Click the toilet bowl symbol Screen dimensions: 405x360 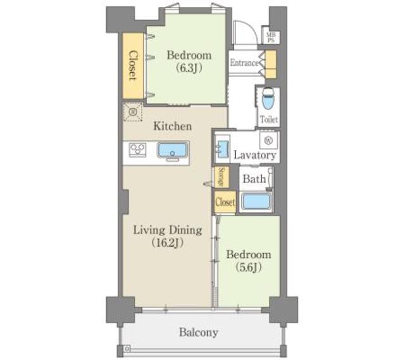268,99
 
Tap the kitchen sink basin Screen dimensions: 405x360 173,150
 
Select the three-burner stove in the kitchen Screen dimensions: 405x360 137,150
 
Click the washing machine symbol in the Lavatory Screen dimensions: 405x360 269,140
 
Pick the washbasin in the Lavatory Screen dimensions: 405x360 222,149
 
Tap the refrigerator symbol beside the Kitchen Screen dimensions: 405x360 132,111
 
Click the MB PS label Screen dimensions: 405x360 271,37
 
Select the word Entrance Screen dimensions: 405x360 244,63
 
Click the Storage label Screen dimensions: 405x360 221,177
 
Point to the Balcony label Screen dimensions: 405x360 198,332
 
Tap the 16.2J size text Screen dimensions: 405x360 167,243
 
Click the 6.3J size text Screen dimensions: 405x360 189,68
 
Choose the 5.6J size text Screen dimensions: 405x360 249,267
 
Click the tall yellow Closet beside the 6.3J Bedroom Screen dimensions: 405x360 133,66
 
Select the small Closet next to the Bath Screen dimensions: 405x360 225,202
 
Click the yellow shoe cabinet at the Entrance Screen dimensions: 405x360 271,65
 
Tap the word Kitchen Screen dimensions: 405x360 173,127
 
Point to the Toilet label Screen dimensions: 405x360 268,120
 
